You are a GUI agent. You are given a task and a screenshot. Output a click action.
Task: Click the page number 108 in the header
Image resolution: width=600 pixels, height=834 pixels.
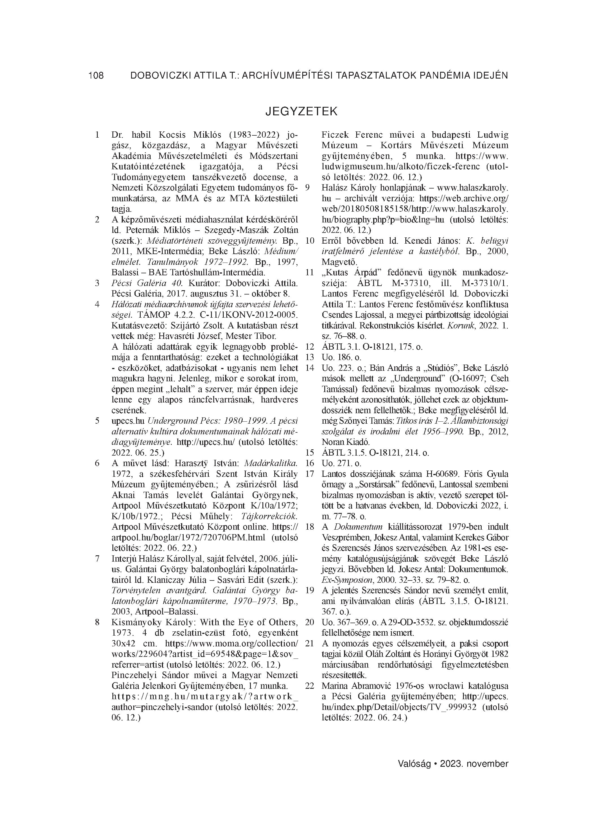96,76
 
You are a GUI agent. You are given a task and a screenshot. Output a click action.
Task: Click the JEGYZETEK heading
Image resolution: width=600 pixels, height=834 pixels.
301,111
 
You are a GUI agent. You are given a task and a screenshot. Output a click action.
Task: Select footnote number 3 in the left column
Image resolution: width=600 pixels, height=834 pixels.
97,283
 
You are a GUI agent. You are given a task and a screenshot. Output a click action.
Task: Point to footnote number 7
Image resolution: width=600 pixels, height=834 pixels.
97,558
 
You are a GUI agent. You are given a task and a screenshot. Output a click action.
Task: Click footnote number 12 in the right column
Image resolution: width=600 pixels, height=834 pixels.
310,347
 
